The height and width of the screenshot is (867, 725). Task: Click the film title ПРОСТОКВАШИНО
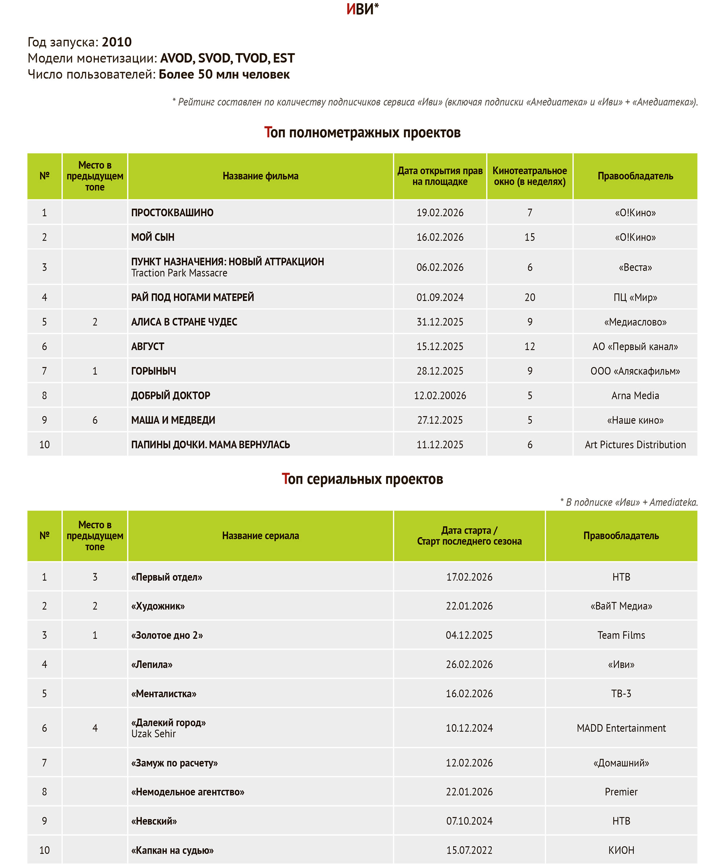(x=172, y=213)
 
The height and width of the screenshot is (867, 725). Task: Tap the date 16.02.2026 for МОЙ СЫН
(x=440, y=237)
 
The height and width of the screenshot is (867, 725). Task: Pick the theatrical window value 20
(x=530, y=297)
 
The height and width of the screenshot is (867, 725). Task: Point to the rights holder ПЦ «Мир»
(x=635, y=297)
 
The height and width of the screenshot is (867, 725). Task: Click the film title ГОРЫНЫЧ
(x=153, y=371)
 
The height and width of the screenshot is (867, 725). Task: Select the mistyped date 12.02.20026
(x=440, y=396)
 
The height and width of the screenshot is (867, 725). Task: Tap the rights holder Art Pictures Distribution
(x=635, y=445)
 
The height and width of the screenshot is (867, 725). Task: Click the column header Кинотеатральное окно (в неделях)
(x=530, y=176)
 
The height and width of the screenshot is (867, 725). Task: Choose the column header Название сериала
(x=260, y=536)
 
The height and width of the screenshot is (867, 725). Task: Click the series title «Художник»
(x=158, y=606)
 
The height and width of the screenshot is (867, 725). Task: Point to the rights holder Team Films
(x=621, y=635)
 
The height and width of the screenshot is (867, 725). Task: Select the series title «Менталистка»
(x=163, y=693)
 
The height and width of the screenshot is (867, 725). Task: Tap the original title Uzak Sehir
(x=153, y=734)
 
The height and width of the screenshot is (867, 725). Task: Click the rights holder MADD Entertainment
(x=621, y=728)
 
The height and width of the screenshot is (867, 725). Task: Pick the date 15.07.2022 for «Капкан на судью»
(x=469, y=850)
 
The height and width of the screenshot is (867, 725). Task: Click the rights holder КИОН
(x=621, y=850)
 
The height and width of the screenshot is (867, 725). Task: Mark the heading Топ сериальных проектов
(x=362, y=479)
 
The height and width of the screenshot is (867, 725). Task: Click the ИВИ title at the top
(x=362, y=9)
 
